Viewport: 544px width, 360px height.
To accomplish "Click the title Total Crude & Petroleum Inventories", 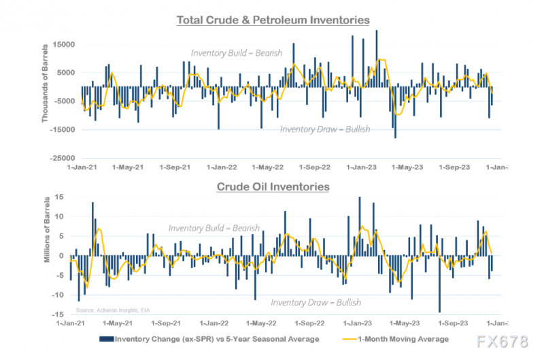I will pyautogui.click(x=273, y=20).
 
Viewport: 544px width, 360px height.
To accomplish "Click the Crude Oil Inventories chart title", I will pyautogui.click(x=273, y=186).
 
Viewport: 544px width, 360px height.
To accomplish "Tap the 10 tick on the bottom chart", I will pyautogui.click(x=61, y=216).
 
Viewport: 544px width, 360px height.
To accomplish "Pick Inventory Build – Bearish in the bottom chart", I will pyautogui.click(x=214, y=228).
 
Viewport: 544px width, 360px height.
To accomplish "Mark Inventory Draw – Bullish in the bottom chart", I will pyautogui.click(x=316, y=302).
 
